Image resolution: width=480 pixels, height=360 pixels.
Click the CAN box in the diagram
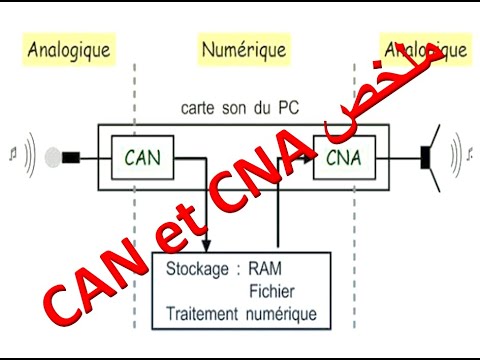click(x=148, y=157)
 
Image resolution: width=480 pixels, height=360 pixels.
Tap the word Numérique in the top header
click(x=244, y=48)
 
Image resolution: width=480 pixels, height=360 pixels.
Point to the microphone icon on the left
click(x=70, y=157)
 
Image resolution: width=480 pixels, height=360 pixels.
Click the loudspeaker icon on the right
click(x=431, y=156)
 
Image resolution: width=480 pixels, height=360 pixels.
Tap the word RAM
click(x=267, y=270)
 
